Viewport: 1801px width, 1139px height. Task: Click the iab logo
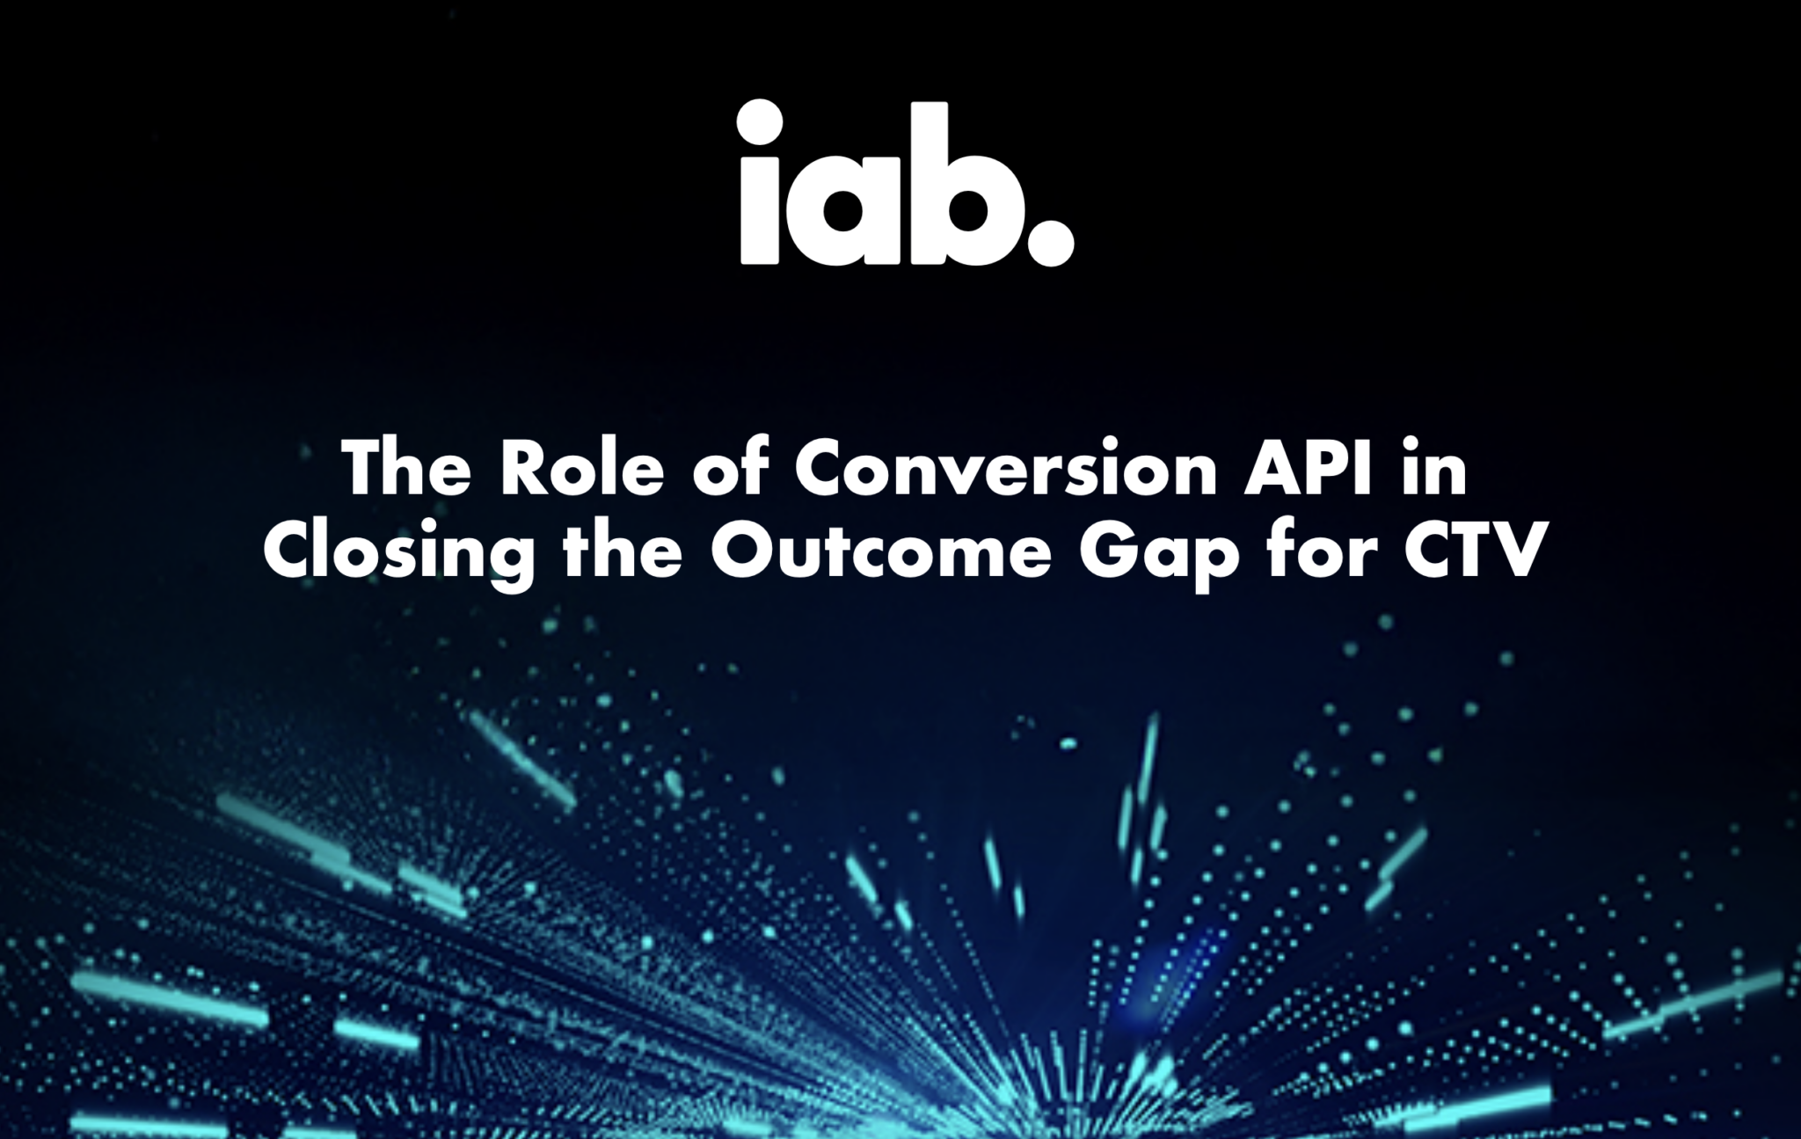tap(906, 184)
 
